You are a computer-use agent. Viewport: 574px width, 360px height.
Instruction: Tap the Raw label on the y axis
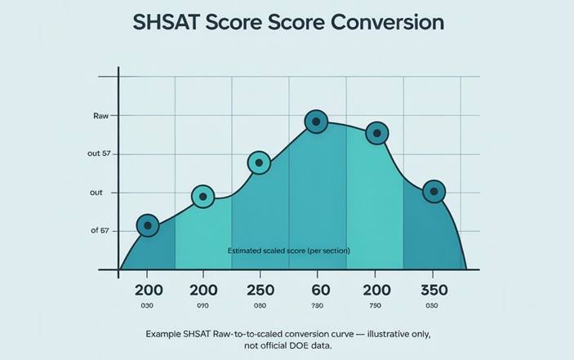tap(101, 117)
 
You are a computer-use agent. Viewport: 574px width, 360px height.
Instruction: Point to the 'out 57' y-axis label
tap(100, 154)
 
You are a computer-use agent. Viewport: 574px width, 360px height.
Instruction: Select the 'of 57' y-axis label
tap(100, 231)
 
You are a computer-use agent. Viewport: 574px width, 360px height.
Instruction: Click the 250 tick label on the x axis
tap(260, 291)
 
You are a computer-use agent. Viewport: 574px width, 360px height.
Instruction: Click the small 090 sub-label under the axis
tap(202, 306)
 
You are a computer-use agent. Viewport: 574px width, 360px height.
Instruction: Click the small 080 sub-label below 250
tap(260, 306)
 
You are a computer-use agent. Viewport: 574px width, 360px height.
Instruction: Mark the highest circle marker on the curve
tap(317, 122)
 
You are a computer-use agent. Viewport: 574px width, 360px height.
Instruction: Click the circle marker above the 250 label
tap(259, 163)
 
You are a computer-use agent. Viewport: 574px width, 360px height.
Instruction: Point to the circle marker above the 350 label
tap(434, 192)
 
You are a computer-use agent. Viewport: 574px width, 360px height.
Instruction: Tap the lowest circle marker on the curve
tap(148, 225)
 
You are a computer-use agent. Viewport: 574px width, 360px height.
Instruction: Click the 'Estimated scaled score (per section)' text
tap(288, 251)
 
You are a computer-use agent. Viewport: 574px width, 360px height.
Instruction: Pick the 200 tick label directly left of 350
tap(375, 291)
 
